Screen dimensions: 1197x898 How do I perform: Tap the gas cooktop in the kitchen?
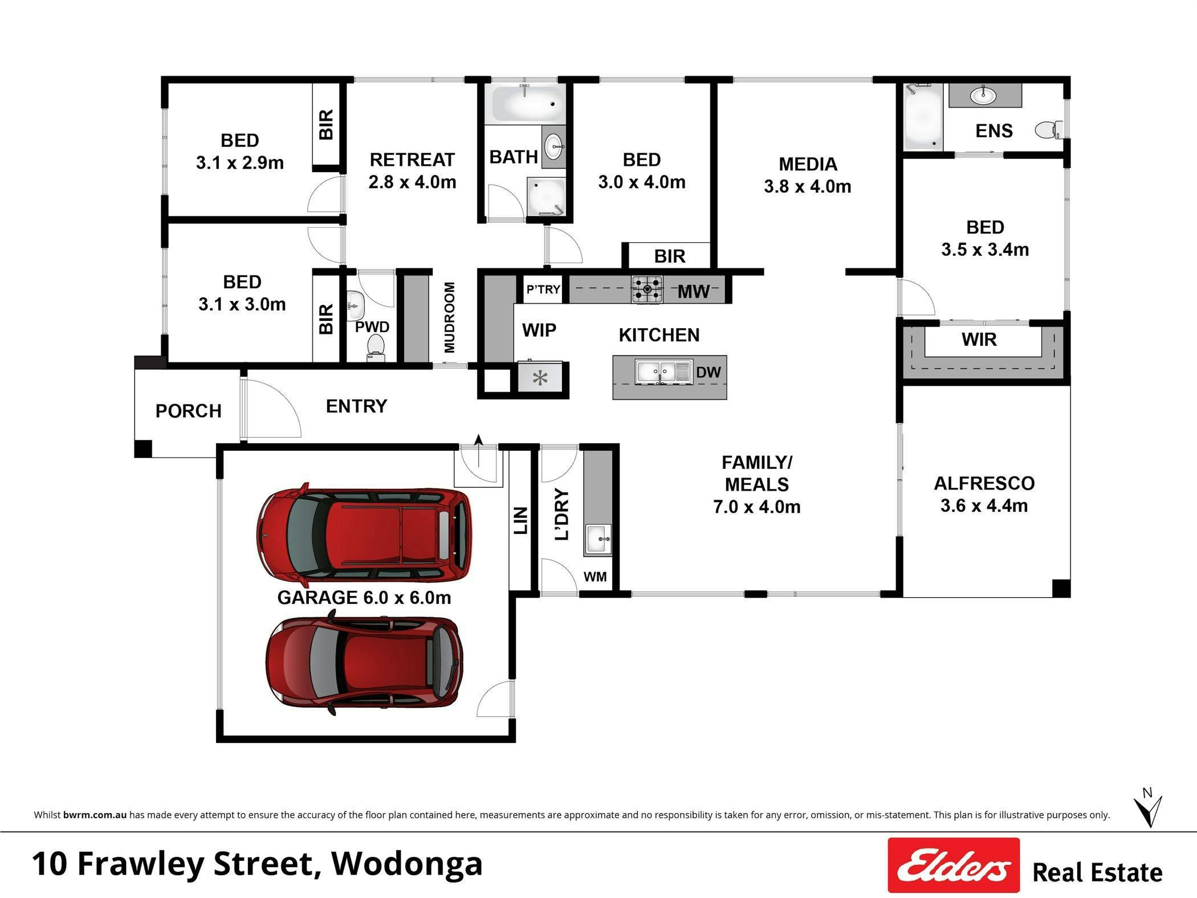point(647,289)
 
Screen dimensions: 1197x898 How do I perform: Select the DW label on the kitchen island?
point(709,372)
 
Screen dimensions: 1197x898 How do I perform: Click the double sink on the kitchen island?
point(663,372)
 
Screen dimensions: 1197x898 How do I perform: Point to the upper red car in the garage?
point(364,535)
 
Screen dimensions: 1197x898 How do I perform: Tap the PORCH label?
point(188,411)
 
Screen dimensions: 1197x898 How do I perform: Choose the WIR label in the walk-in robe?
point(979,340)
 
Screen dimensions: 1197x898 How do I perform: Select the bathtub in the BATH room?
point(526,103)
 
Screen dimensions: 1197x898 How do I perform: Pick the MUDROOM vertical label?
point(449,317)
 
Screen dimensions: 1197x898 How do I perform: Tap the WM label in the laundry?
point(595,577)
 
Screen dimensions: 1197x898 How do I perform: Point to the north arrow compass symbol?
point(1147,809)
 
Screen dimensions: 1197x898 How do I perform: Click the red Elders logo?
point(954,864)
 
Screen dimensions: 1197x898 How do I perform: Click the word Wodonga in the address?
point(407,864)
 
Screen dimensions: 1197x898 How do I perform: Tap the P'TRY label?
point(543,289)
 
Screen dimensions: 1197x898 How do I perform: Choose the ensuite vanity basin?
point(983,95)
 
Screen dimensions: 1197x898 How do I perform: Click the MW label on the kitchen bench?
point(693,292)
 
